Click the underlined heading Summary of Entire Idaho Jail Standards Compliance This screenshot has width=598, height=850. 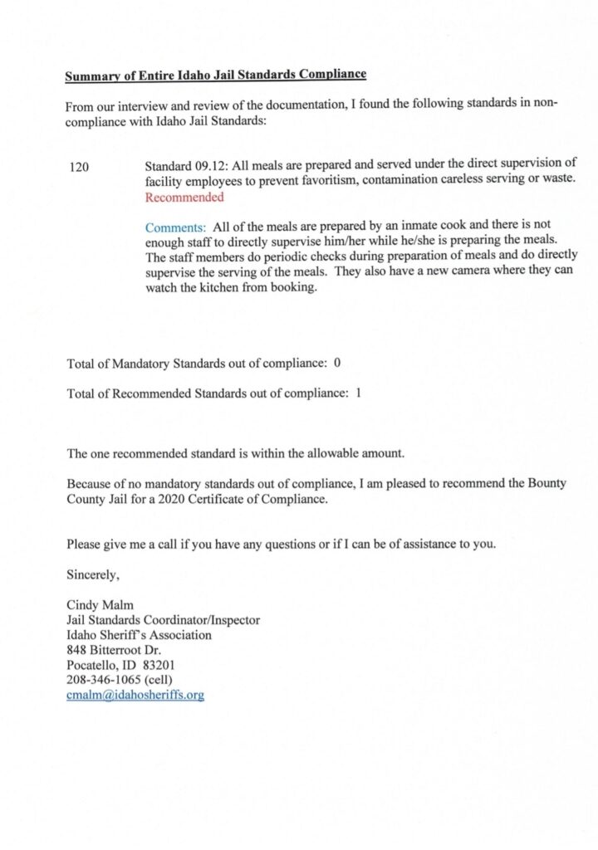click(215, 76)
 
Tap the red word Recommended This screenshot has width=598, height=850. click(184, 198)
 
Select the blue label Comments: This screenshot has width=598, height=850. click(175, 227)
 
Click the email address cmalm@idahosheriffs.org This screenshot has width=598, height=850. click(135, 695)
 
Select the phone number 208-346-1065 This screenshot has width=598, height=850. click(101, 680)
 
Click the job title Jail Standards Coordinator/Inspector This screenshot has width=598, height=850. click(163, 619)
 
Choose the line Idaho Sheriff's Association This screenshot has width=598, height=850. click(139, 635)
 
